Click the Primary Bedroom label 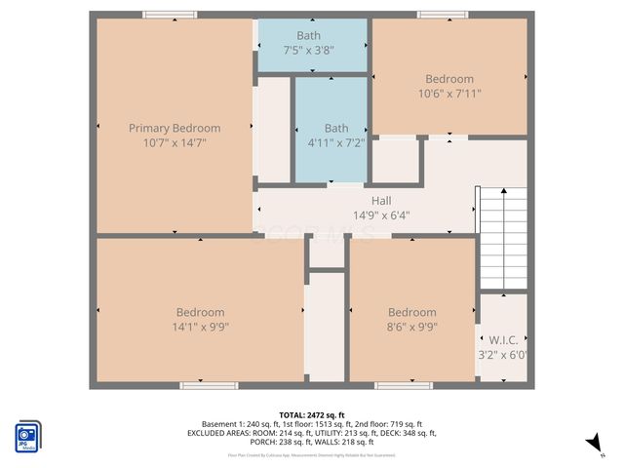point(175,128)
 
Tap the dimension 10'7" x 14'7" point(175,142)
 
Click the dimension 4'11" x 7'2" point(335,142)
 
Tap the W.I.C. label point(502,340)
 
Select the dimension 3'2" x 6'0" point(502,355)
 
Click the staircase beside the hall point(501,238)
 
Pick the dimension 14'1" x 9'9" point(200,328)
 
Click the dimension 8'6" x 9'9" point(411,328)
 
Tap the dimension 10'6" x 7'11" point(449,94)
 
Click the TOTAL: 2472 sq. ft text point(312,414)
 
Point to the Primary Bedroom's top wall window point(169,15)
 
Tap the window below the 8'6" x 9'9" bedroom point(404,386)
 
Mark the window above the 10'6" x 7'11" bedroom point(444,15)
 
